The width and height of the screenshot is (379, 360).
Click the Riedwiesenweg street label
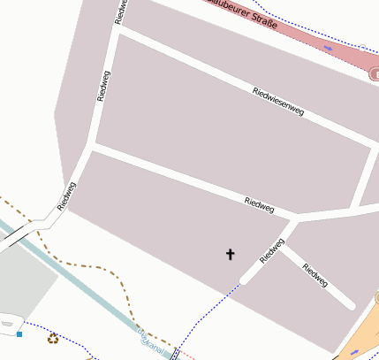pos(277,102)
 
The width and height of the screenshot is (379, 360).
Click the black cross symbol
pos(231,255)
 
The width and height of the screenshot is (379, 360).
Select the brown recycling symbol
pos(53,337)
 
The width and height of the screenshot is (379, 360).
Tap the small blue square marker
pos(19,334)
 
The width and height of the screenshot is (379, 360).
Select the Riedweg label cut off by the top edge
pos(121,9)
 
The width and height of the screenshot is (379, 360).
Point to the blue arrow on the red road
pos(329,48)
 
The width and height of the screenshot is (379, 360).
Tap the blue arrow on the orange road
pos(354,352)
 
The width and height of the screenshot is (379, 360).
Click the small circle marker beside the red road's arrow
pos(361,45)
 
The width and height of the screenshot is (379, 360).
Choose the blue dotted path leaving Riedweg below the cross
pos(208,310)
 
